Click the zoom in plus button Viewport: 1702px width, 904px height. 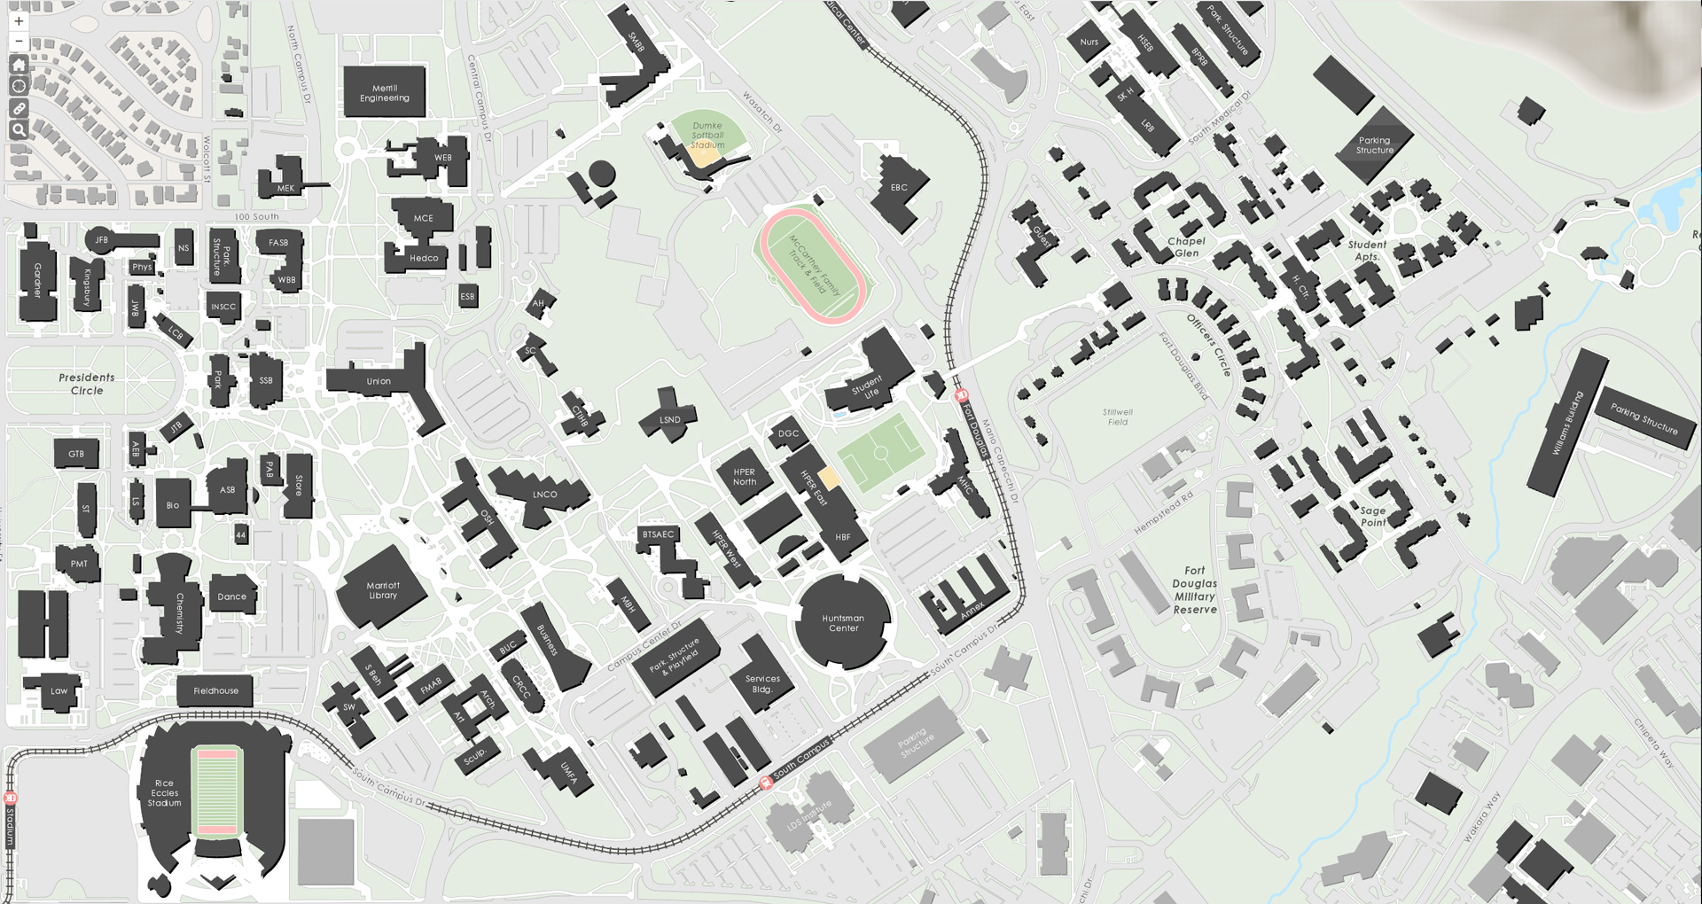point(19,21)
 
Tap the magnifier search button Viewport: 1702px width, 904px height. point(19,130)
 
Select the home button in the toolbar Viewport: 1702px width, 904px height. point(19,65)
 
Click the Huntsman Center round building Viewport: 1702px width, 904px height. point(842,623)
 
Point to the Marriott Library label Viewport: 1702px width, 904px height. point(383,590)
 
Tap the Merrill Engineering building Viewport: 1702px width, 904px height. point(384,92)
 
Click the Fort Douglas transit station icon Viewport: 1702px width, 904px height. point(961,396)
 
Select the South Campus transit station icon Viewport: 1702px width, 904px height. point(767,783)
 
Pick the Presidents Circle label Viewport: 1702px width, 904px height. point(87,384)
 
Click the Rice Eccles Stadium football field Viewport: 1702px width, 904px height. point(216,793)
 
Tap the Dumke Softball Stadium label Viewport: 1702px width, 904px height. point(707,136)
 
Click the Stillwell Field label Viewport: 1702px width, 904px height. point(1118,417)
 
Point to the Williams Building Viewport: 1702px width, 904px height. point(1567,424)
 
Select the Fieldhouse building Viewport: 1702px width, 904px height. point(215,690)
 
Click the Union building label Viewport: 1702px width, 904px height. point(379,381)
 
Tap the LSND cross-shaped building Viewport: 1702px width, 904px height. point(670,419)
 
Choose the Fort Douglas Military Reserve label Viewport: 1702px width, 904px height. point(1195,590)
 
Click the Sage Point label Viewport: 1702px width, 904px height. point(1372,517)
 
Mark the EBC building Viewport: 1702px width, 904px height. point(900,189)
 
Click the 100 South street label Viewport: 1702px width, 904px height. point(256,216)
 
